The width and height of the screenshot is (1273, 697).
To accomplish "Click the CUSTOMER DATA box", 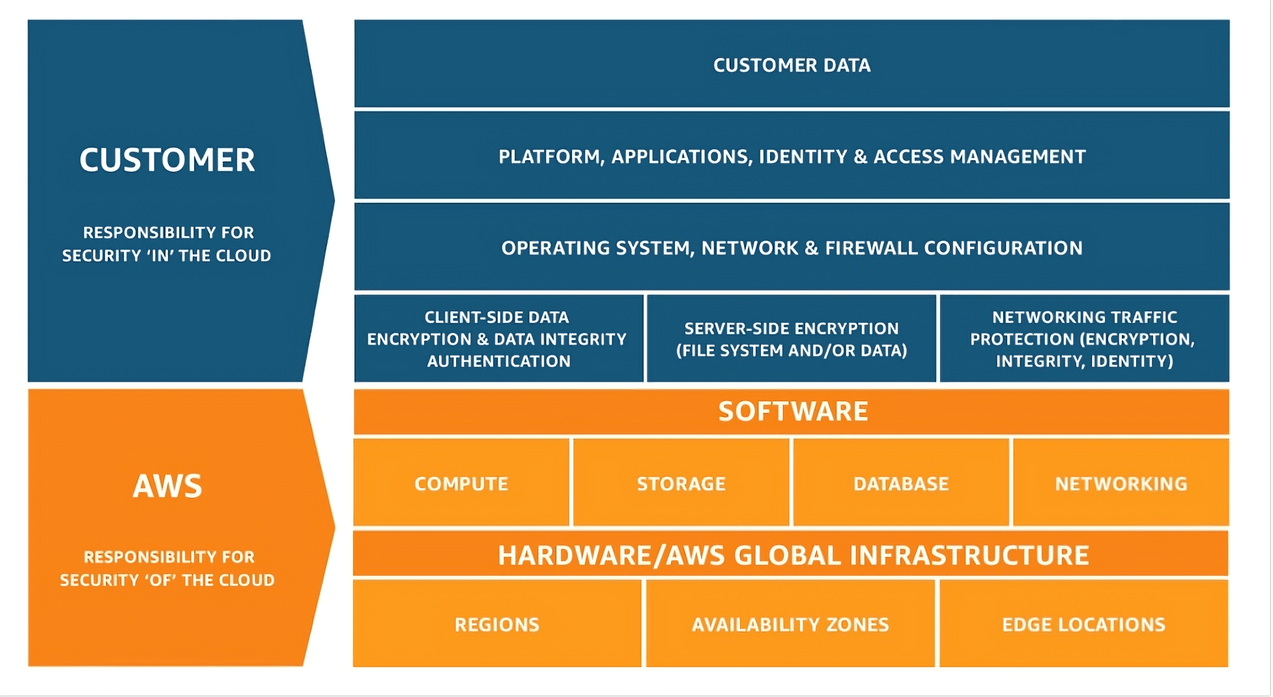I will pyautogui.click(x=792, y=64).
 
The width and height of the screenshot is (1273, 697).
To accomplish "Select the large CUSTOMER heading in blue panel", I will pyautogui.click(x=167, y=160).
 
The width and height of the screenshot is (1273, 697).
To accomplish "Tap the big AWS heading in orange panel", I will pyautogui.click(x=167, y=486).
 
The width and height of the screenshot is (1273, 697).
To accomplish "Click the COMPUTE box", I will pyautogui.click(x=461, y=483).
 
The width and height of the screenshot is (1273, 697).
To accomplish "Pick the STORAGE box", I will pyautogui.click(x=681, y=483).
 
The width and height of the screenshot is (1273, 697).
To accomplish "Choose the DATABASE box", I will pyautogui.click(x=901, y=483).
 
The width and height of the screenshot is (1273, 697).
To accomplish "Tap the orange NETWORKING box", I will pyautogui.click(x=1121, y=483).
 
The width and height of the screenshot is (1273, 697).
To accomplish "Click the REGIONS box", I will pyautogui.click(x=497, y=624).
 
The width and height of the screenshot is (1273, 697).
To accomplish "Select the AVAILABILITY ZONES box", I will pyautogui.click(x=790, y=624).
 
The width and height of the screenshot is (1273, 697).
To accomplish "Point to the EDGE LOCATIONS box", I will pyautogui.click(x=1083, y=624).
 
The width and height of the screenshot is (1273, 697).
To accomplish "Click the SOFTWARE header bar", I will pyautogui.click(x=792, y=411).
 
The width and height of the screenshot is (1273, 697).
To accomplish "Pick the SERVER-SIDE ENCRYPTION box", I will pyautogui.click(x=792, y=339).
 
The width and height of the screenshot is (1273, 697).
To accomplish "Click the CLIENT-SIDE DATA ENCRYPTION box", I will pyautogui.click(x=498, y=339).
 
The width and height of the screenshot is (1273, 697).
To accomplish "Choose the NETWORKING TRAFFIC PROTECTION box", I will pyautogui.click(x=1084, y=339).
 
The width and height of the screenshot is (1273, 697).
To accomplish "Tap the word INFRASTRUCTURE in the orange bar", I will pyautogui.click(x=969, y=556).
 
